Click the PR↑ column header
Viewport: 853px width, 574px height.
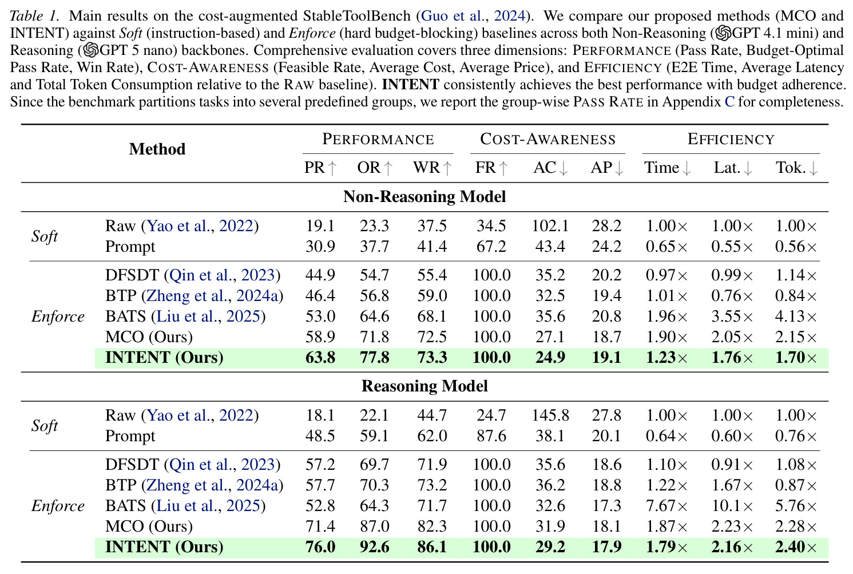pyautogui.click(x=320, y=168)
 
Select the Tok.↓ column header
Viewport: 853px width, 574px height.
pyautogui.click(x=796, y=168)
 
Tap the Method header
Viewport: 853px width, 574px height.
pyautogui.click(x=157, y=149)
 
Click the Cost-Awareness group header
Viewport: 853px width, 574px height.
pyautogui.click(x=547, y=139)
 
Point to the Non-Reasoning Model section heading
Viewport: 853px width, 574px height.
pyautogui.click(x=424, y=196)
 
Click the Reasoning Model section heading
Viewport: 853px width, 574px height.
pyautogui.click(x=424, y=386)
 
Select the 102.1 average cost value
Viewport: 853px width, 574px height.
pyautogui.click(x=550, y=226)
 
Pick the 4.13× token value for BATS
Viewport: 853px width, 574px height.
pyautogui.click(x=796, y=316)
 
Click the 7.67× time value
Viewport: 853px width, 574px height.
pyautogui.click(x=666, y=506)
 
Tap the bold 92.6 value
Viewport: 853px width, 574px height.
pyautogui.click(x=374, y=547)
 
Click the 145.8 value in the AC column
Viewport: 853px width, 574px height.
pyautogui.click(x=550, y=415)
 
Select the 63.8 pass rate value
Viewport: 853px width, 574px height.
pyautogui.click(x=320, y=358)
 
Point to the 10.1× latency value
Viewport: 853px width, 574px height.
pyautogui.click(x=732, y=506)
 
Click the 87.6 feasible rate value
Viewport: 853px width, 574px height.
pyautogui.click(x=491, y=436)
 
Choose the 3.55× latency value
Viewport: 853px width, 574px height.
pyautogui.click(x=732, y=316)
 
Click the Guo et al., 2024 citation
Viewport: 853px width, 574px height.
pyautogui.click(x=473, y=16)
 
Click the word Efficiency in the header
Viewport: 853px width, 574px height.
pyautogui.click(x=731, y=139)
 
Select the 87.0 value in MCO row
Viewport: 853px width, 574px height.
pyautogui.click(x=374, y=527)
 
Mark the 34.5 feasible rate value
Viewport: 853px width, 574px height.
pyautogui.click(x=491, y=226)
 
